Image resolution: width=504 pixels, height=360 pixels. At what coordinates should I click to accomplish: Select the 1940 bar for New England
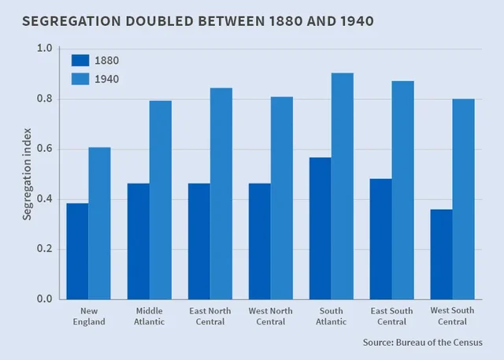pos(99,223)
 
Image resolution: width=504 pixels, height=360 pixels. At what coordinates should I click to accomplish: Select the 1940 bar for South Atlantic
pos(343,186)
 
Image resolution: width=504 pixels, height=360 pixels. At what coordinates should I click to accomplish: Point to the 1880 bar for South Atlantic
pos(320,228)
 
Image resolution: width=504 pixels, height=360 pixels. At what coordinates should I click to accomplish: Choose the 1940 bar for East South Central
pos(402,190)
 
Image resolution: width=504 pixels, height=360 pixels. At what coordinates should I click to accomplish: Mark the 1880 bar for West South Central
pos(441,254)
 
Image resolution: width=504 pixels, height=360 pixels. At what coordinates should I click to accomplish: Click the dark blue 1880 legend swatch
pos(80,60)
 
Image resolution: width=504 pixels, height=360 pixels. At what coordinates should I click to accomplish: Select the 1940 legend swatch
pos(80,79)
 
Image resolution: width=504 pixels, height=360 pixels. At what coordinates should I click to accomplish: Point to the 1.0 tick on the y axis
pos(44,49)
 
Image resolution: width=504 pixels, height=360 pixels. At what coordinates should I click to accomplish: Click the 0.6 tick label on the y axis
pos(44,149)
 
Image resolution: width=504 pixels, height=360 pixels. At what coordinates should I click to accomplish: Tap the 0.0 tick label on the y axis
pos(44,299)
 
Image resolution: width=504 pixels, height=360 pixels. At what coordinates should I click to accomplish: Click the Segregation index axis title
pos(27,174)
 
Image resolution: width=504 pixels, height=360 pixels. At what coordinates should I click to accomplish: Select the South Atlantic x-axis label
pos(331,316)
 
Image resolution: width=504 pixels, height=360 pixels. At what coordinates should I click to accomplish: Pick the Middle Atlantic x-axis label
pos(149,316)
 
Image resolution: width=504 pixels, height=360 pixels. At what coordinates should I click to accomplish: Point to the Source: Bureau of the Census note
pos(422,343)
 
